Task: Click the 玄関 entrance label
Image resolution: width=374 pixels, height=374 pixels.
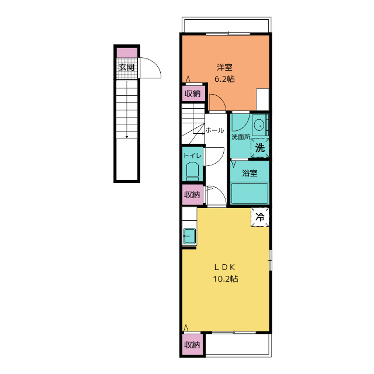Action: pos(127,67)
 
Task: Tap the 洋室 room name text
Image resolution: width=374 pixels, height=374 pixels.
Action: pos(224,67)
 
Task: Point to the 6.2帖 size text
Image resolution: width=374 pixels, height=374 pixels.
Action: pos(224,79)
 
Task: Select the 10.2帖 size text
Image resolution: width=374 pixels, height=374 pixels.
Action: pos(225,279)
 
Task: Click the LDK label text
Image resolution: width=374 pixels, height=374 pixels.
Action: pos(224,268)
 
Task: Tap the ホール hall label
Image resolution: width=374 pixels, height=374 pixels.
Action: pos(214,130)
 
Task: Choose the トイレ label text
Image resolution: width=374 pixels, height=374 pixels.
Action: pos(192,155)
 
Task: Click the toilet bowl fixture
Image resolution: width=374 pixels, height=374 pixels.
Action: pos(192,172)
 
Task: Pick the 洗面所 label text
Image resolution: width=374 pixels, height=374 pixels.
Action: pos(241,137)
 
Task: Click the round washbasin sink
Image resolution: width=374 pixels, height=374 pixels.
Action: pos(259,124)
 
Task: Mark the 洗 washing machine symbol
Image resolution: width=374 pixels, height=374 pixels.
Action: pos(259,148)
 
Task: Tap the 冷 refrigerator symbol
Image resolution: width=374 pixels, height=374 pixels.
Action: pos(260,217)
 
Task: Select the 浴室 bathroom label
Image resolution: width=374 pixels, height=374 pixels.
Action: pos(250,173)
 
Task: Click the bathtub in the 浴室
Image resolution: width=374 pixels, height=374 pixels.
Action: pos(250,193)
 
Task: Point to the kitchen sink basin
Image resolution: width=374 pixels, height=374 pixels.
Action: pos(189,236)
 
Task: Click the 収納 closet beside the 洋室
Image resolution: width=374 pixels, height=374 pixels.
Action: pos(193,93)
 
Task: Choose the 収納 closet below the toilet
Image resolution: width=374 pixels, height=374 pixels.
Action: pos(192,195)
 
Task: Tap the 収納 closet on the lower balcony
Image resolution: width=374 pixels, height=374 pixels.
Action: pos(192,345)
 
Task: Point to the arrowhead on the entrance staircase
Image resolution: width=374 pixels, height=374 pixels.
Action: pos(127,137)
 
